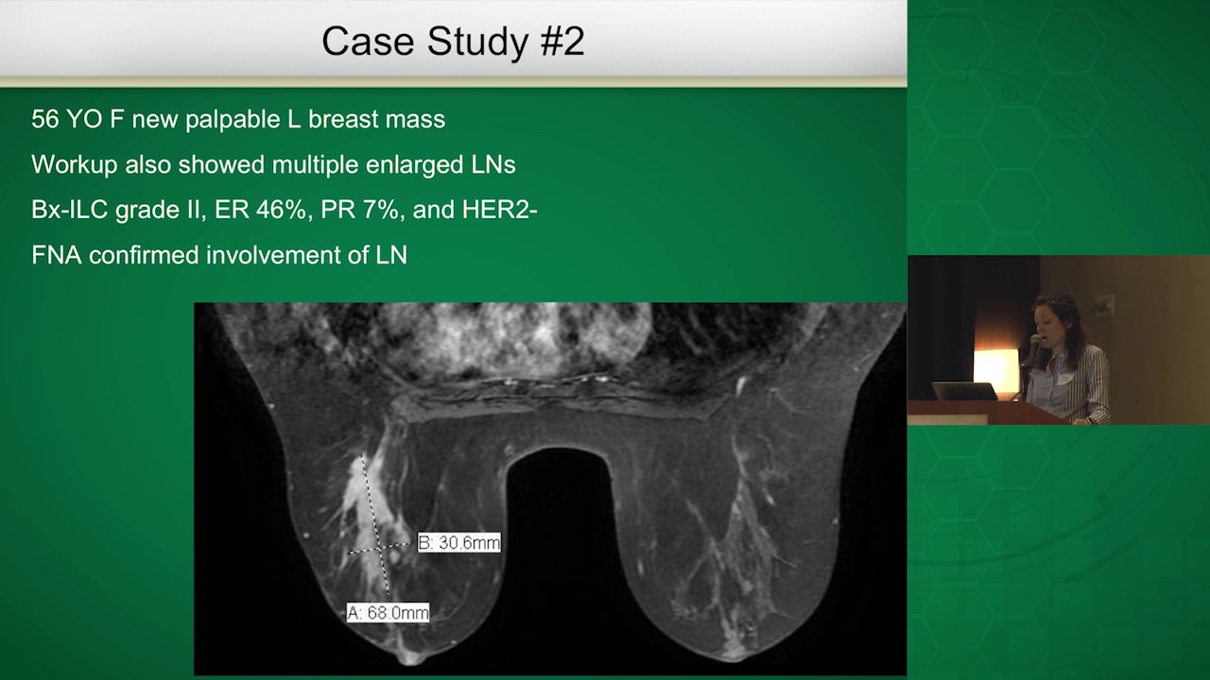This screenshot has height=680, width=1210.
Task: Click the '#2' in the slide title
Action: [562, 41]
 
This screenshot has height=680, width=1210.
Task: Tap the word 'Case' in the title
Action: [368, 41]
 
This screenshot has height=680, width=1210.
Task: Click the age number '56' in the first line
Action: [44, 119]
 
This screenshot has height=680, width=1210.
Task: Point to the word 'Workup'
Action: [75, 165]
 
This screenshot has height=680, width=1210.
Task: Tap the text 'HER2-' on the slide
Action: [500, 210]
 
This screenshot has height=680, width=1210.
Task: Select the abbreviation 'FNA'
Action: [57, 255]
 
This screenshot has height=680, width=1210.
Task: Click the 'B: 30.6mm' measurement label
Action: [459, 542]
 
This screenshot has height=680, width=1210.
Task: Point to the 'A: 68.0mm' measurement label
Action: [388, 613]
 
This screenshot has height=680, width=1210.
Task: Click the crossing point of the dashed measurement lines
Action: [380, 548]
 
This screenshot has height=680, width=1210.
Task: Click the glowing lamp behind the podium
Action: [995, 368]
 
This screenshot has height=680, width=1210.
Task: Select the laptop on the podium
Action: [965, 391]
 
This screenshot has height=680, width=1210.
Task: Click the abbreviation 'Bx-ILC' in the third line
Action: [69, 210]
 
